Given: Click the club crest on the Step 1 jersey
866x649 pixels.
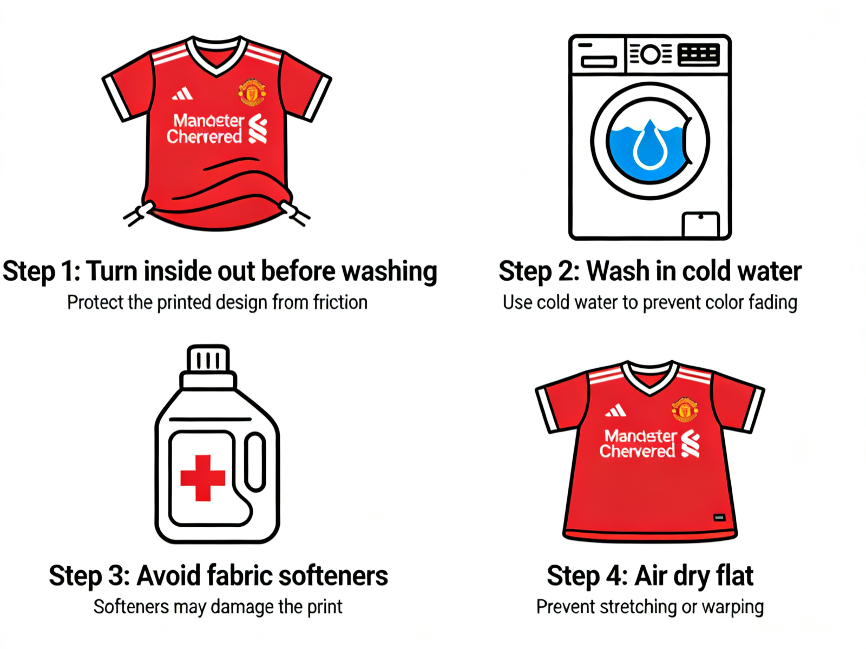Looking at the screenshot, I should (x=252, y=92).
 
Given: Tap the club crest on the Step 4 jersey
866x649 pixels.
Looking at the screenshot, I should (x=684, y=409).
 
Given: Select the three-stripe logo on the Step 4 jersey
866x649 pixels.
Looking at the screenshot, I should (x=615, y=411).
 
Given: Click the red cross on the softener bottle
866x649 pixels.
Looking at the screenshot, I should (x=202, y=478).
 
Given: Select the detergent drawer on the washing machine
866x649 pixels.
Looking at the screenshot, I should (x=599, y=62).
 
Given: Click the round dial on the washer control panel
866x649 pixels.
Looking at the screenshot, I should (x=651, y=54).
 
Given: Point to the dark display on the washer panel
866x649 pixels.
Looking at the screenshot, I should (x=698, y=54).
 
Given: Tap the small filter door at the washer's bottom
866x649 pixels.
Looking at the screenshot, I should (x=700, y=224).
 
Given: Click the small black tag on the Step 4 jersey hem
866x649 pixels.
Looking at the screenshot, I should (x=719, y=518).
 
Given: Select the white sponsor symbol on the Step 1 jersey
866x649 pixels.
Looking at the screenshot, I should (x=258, y=129).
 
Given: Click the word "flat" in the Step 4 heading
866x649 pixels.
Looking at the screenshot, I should (x=734, y=576).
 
